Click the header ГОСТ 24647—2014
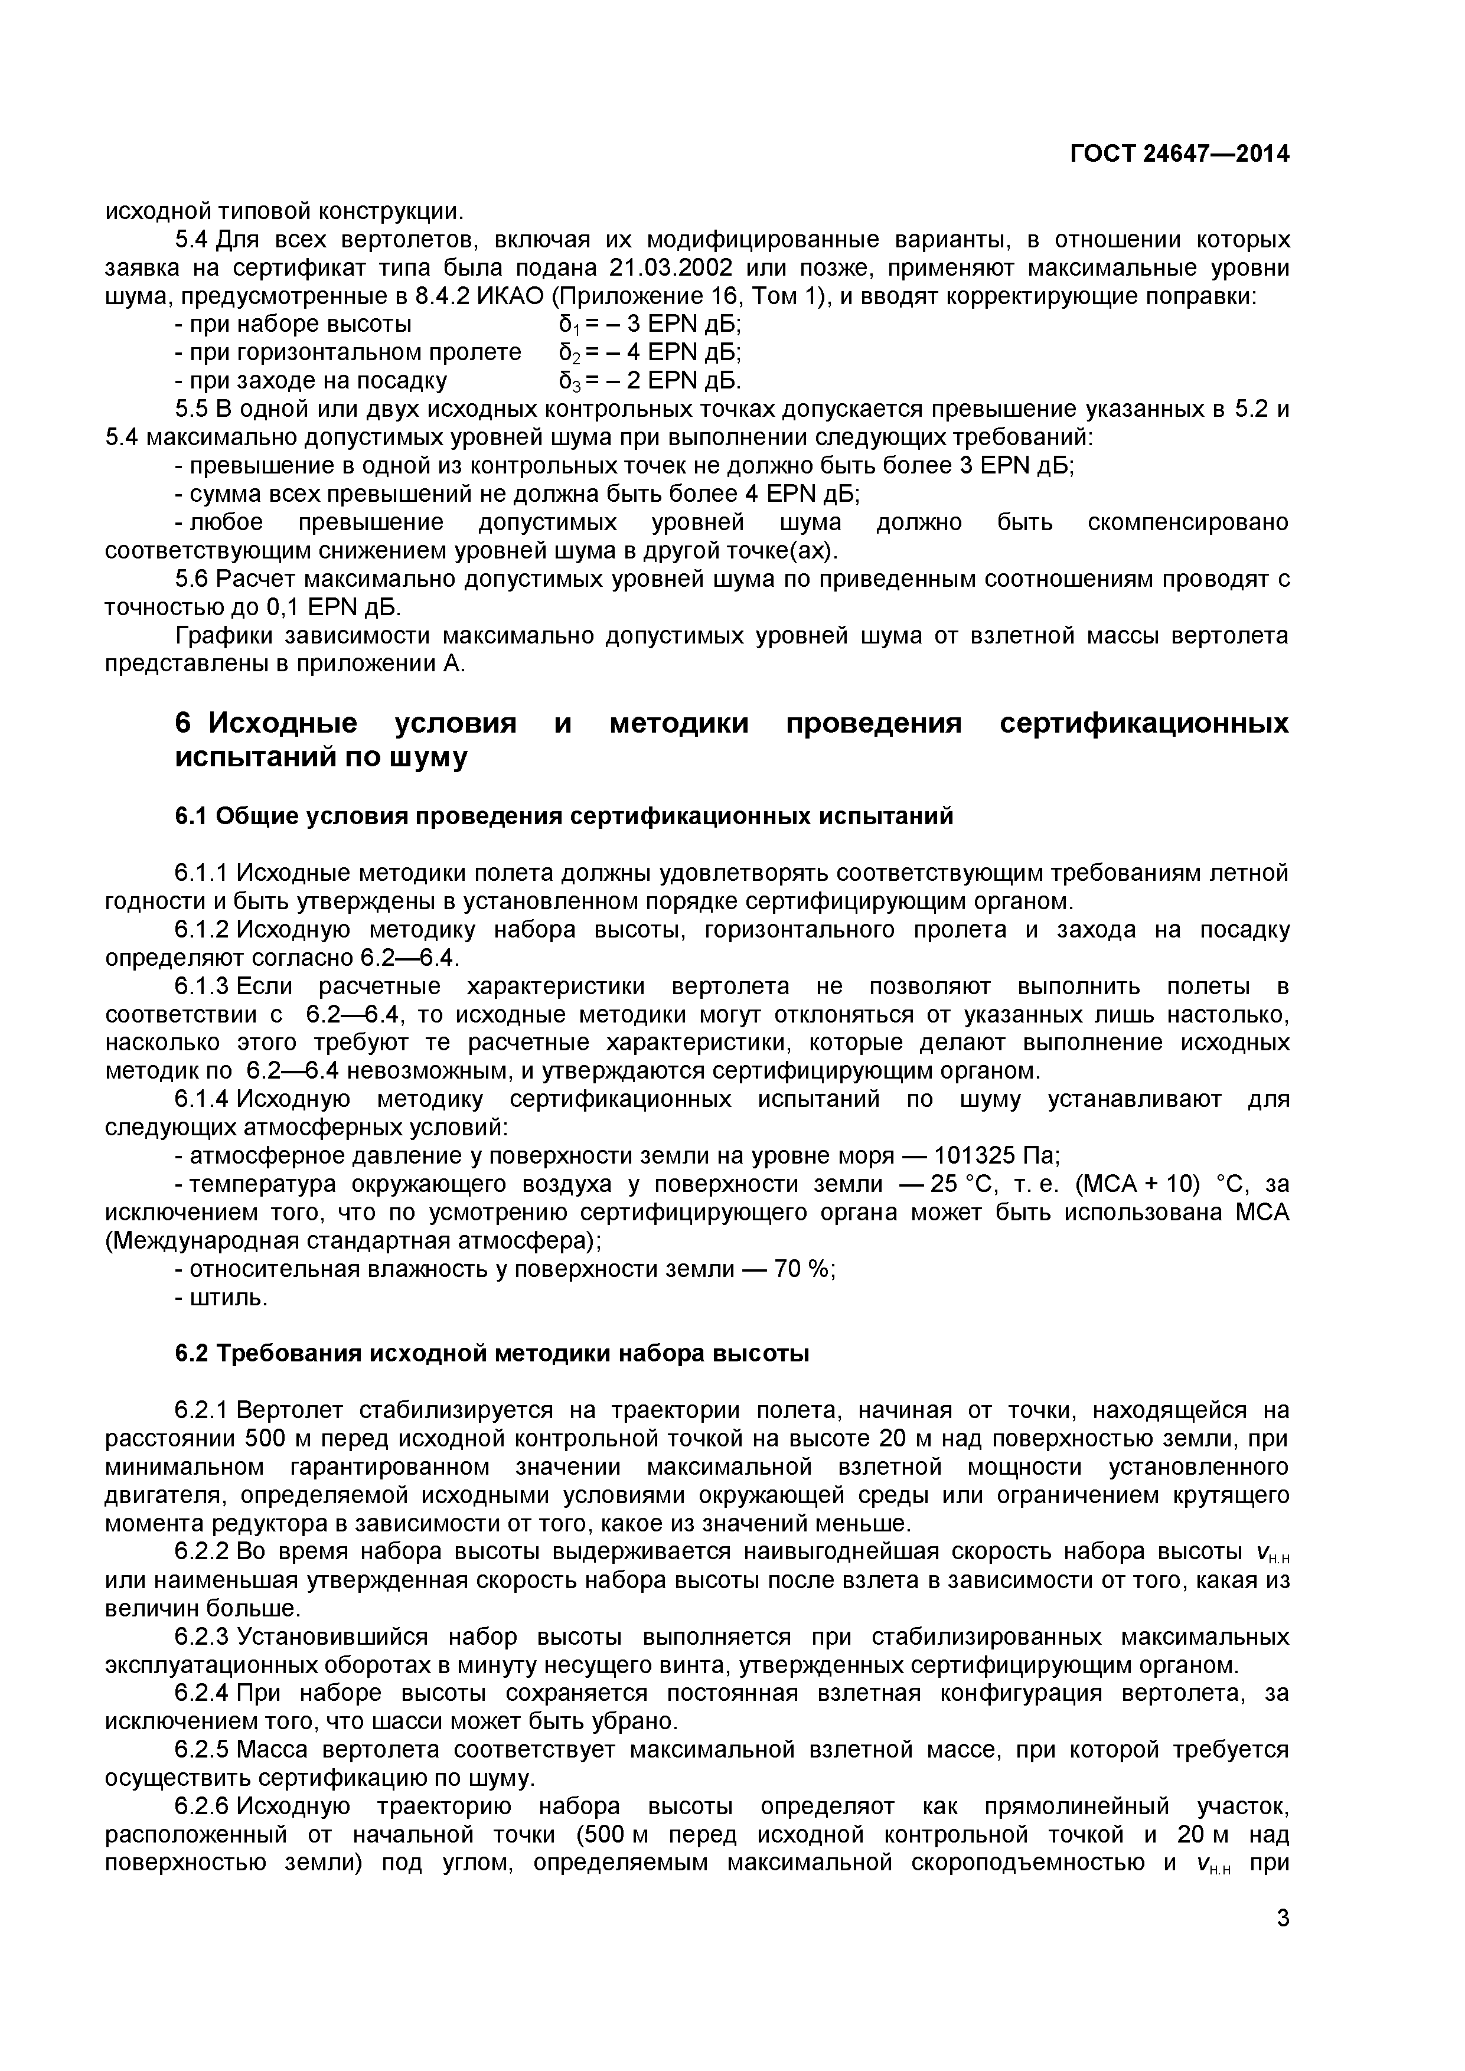pyautogui.click(x=1179, y=154)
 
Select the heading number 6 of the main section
pyautogui.click(x=183, y=723)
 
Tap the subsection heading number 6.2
pyautogui.click(x=191, y=1354)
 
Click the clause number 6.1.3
pyautogui.click(x=203, y=986)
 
